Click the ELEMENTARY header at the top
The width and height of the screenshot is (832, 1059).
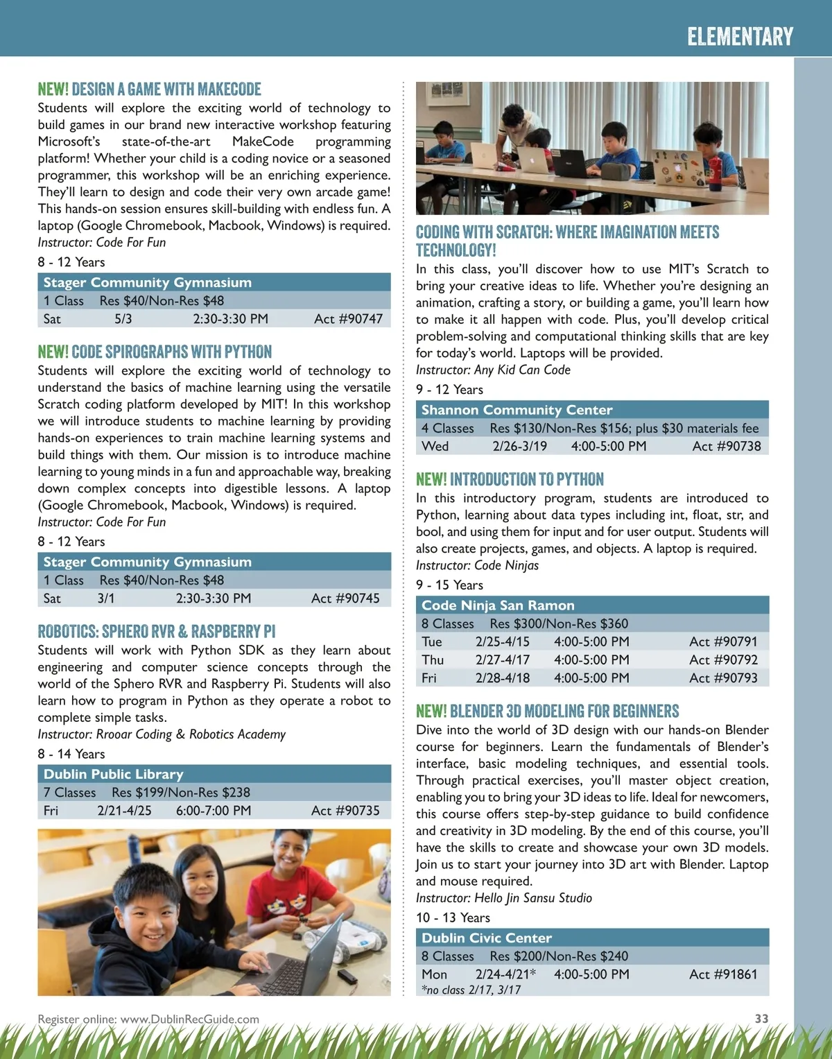(x=740, y=37)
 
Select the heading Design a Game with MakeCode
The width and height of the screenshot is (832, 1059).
(x=149, y=89)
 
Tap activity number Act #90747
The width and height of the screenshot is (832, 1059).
(x=348, y=319)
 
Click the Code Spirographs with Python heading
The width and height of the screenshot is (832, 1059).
(x=155, y=352)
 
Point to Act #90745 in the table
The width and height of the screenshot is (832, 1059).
(x=345, y=599)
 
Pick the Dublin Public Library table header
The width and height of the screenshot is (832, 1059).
(x=114, y=774)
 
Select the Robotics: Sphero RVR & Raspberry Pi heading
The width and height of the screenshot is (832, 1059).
(x=156, y=631)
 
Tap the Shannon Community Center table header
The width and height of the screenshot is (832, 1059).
(x=517, y=410)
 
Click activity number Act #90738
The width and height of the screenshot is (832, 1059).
(x=726, y=447)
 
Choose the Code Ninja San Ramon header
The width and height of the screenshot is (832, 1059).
(x=498, y=605)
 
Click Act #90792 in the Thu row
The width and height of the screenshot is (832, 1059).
(x=723, y=660)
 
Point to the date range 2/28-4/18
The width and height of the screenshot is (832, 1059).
(x=503, y=678)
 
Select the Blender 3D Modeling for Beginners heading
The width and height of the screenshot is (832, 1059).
(x=547, y=712)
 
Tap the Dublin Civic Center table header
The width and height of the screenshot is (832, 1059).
(x=487, y=938)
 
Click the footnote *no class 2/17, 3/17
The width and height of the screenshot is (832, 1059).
(x=471, y=990)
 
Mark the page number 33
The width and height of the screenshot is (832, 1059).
(x=761, y=1019)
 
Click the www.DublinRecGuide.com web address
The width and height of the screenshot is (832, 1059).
(x=189, y=1019)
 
